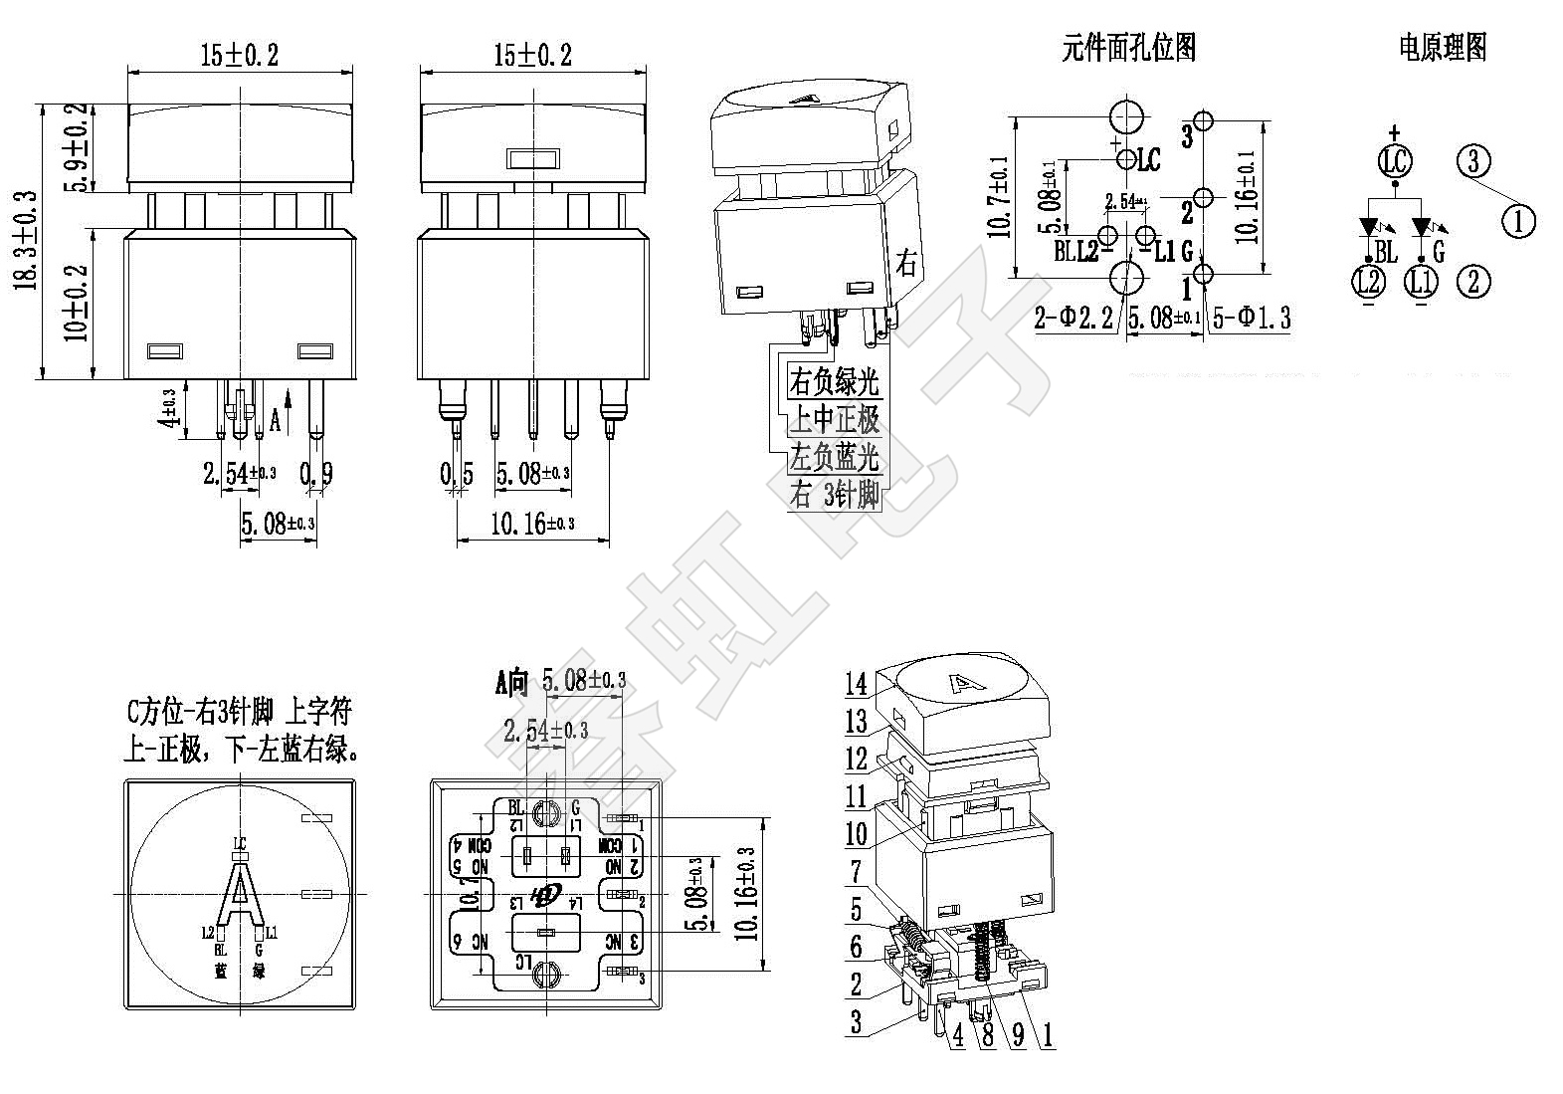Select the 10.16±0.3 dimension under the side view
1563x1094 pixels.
pos(532,523)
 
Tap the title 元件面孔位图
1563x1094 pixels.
pos(1128,47)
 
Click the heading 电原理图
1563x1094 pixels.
pos(1442,47)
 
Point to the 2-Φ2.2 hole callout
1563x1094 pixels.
pos(1073,318)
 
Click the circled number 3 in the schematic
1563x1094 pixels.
pos(1474,160)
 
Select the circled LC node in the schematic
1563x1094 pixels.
pos(1395,160)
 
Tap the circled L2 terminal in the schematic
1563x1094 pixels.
pos(1368,282)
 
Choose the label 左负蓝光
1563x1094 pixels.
pos(834,457)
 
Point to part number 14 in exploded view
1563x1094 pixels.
pos(857,684)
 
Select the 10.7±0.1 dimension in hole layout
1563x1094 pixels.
pos(1000,199)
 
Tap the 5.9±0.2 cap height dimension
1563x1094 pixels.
pos(76,146)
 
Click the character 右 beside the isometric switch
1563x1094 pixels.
pos(907,265)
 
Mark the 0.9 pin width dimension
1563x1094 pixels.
pos(315,474)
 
